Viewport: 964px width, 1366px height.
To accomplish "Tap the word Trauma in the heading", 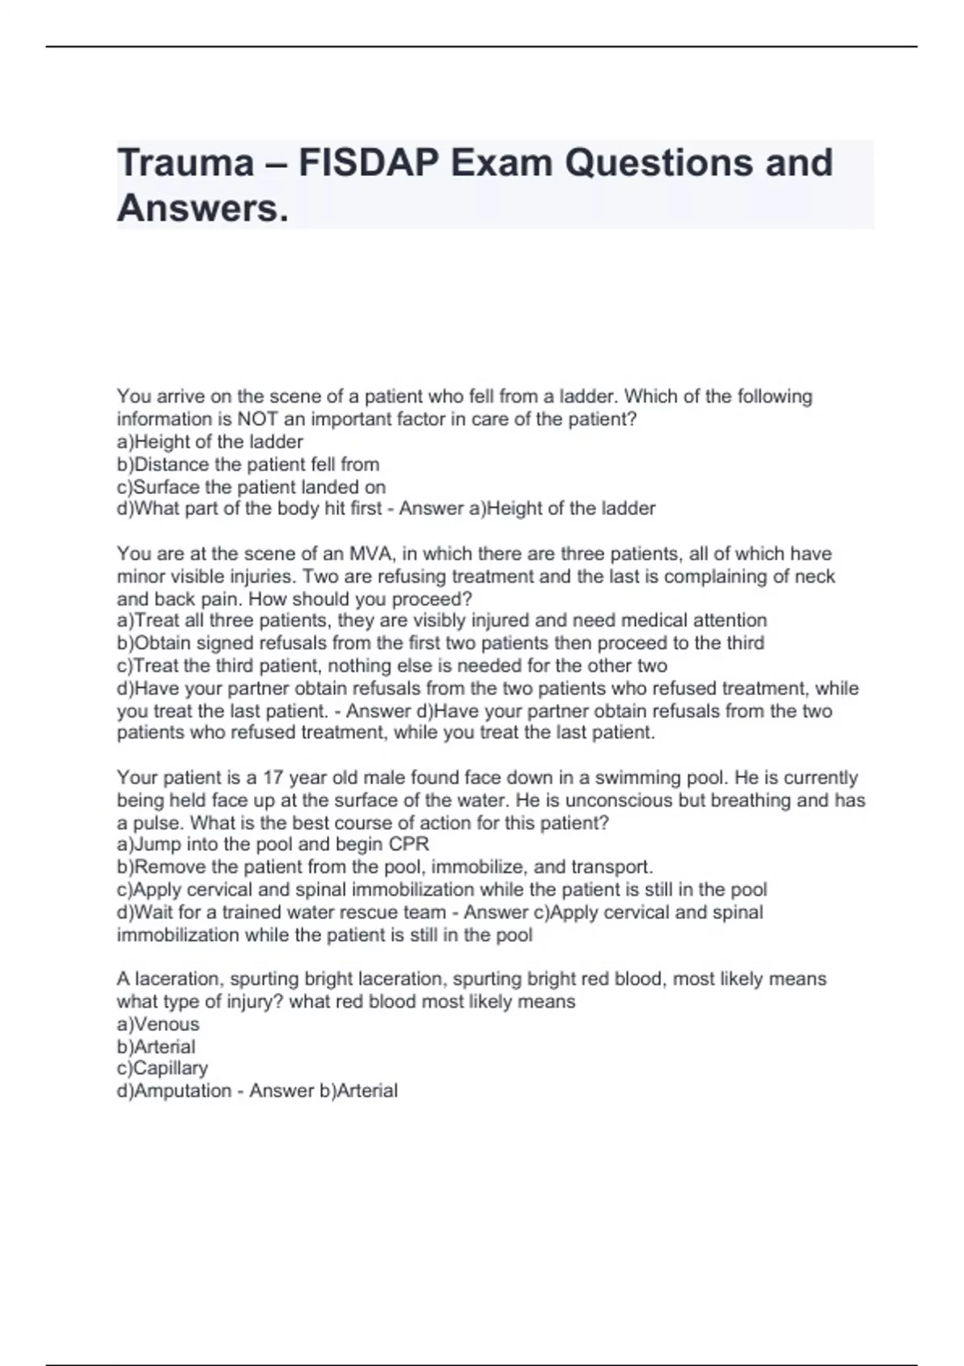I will click(x=186, y=163).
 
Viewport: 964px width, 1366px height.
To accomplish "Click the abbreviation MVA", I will click(x=368, y=554).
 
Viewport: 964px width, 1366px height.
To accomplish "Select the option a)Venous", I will click(x=158, y=1024).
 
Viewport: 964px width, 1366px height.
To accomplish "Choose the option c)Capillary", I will click(x=162, y=1069).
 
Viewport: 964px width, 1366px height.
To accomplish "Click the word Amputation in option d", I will click(x=182, y=1091).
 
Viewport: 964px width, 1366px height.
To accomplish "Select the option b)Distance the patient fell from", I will click(x=248, y=464).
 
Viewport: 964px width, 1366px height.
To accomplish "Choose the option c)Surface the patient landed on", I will click(x=251, y=487).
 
